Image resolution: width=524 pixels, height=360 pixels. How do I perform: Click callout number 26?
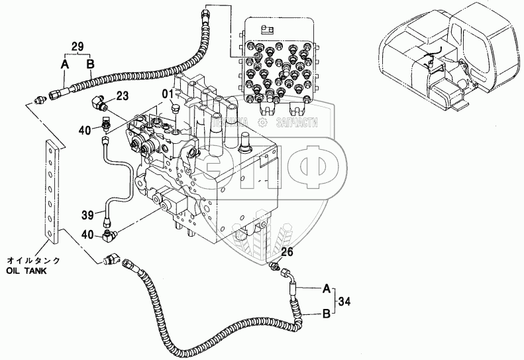(x=286, y=252)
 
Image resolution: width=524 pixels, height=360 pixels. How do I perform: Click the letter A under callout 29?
(x=64, y=64)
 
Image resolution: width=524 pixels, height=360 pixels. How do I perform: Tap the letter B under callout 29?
(x=91, y=64)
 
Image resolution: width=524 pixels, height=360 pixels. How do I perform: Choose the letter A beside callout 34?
(x=326, y=289)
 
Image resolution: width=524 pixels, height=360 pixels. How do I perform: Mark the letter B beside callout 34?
(x=326, y=314)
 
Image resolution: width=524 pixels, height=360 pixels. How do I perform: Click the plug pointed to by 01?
(x=176, y=107)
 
